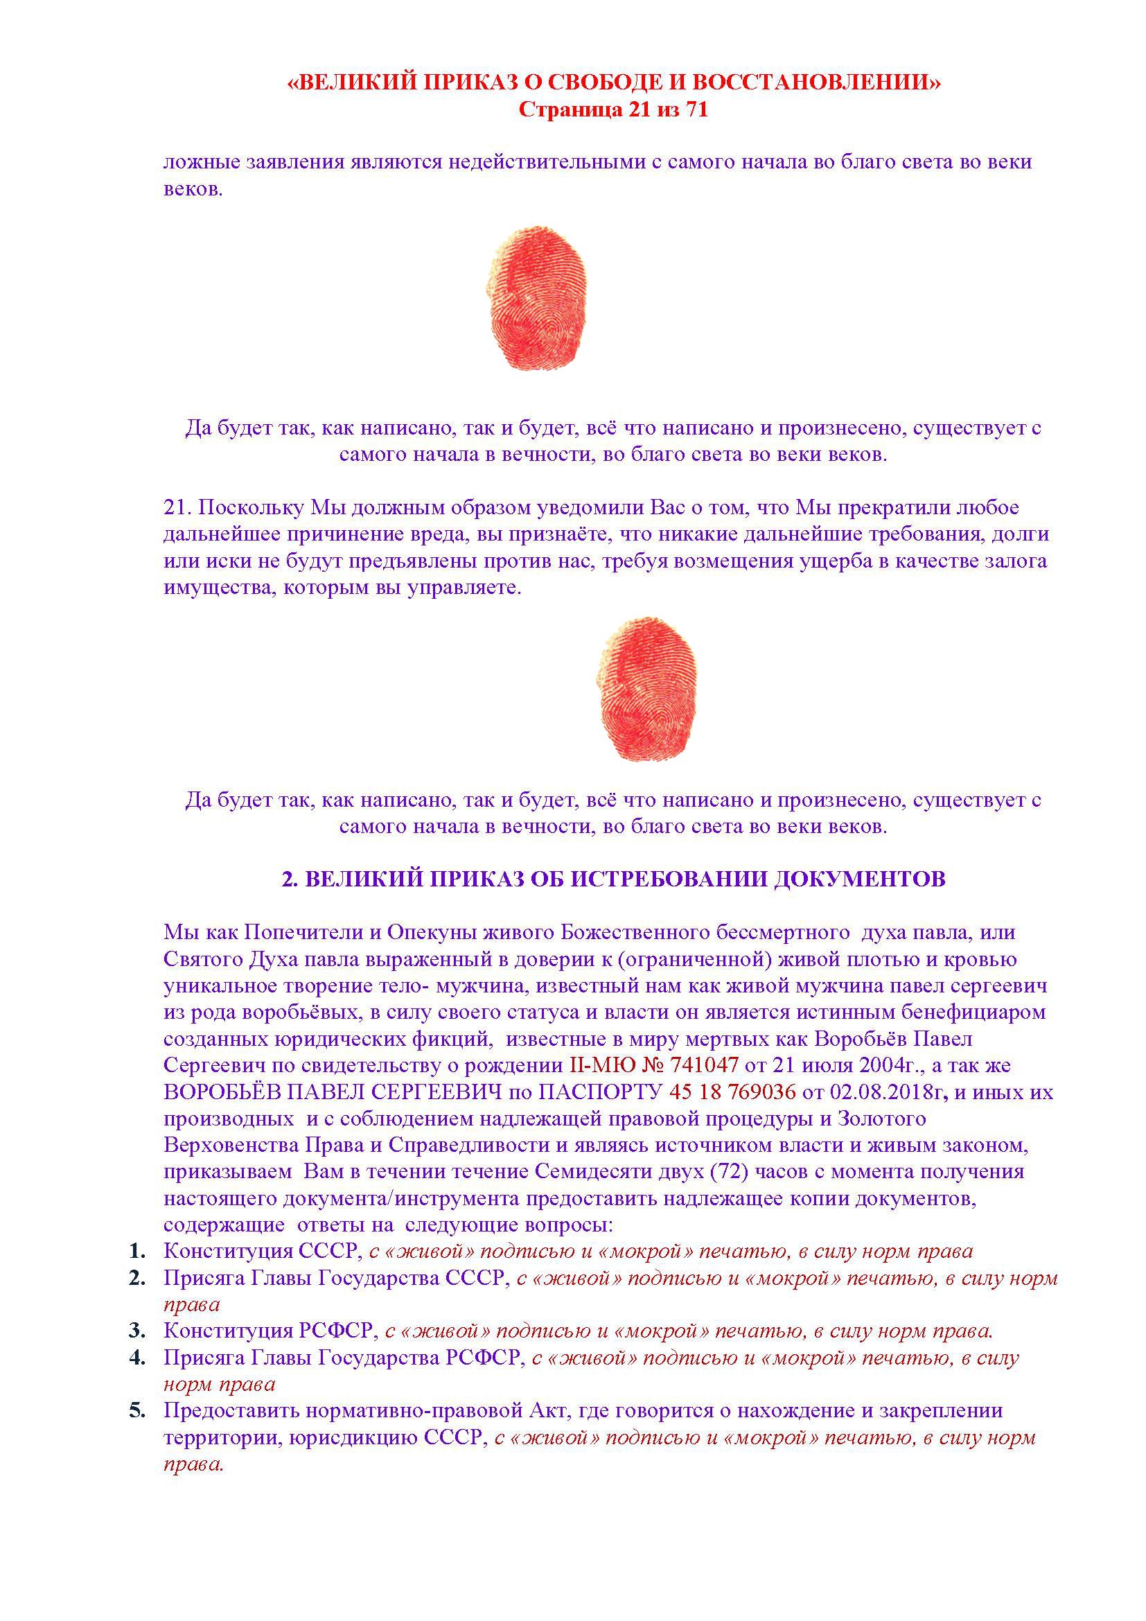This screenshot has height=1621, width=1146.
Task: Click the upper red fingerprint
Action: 538,297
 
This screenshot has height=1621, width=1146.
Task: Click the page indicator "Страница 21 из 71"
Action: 613,110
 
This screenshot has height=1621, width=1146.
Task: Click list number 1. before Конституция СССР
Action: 137,1252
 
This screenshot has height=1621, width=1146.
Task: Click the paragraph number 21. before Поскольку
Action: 177,507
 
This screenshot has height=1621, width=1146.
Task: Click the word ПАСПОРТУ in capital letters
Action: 600,1092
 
